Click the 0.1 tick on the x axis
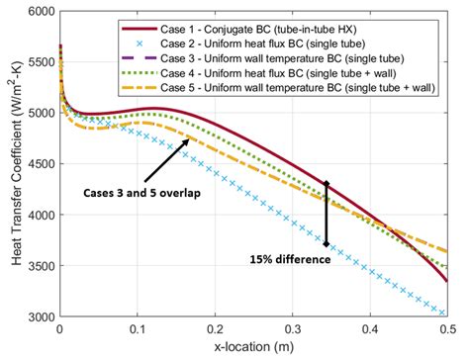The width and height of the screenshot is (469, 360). pyautogui.click(x=138, y=328)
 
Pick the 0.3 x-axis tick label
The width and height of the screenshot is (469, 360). pyautogui.click(x=292, y=328)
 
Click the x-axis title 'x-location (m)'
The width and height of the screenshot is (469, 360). pyautogui.click(x=253, y=348)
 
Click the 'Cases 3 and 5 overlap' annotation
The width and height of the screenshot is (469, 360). pyautogui.click(x=141, y=194)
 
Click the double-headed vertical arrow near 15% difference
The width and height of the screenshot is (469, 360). pyautogui.click(x=327, y=213)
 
